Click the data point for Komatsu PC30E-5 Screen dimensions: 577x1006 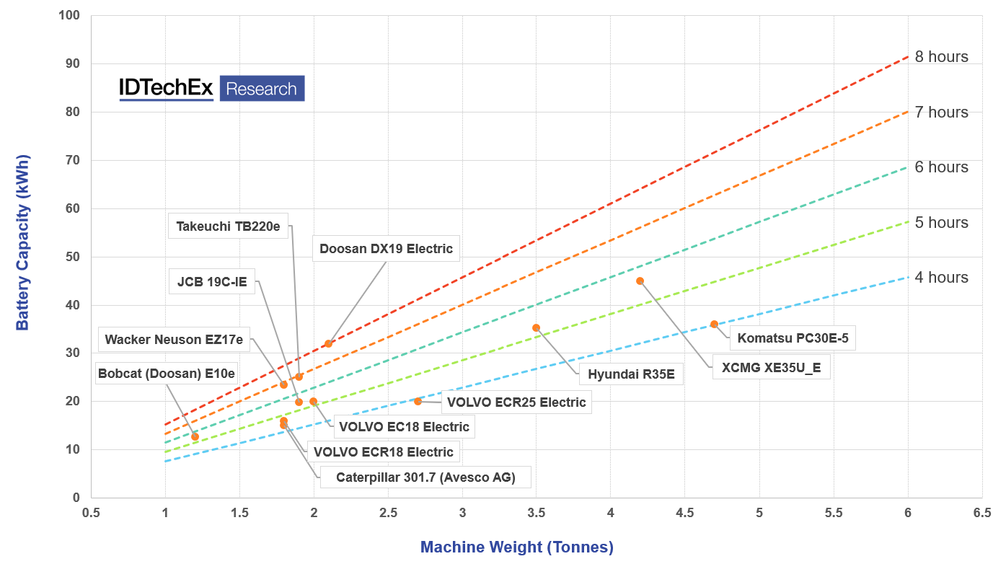[714, 325]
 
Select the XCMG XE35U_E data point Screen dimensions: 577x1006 [640, 281]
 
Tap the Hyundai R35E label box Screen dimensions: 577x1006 [631, 374]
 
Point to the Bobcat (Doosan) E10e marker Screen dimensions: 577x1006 [195, 436]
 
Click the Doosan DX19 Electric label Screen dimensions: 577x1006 [386, 249]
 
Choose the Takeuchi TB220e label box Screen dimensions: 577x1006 [228, 226]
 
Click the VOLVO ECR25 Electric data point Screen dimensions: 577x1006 [418, 401]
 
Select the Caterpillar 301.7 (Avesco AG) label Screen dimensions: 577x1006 [425, 477]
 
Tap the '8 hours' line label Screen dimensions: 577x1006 [941, 57]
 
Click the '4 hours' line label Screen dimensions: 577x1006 [941, 278]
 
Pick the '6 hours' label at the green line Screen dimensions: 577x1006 [941, 167]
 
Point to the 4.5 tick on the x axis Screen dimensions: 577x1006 [684, 512]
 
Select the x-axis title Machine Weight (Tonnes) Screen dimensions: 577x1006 [516, 547]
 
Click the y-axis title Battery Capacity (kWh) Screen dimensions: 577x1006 [23, 242]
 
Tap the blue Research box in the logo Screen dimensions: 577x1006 [262, 89]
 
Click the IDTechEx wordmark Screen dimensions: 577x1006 [167, 88]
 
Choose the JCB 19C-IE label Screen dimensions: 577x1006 [212, 281]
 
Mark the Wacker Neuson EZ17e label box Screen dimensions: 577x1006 [174, 339]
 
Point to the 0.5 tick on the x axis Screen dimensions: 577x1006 [91, 512]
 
